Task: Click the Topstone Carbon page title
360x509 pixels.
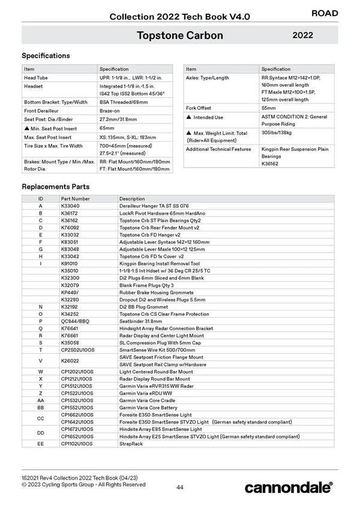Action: [180, 35]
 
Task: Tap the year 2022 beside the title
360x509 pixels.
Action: [303, 35]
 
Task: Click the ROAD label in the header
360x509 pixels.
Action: [325, 13]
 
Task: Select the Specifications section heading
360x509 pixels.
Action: [46, 56]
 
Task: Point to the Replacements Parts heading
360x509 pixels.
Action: [56, 186]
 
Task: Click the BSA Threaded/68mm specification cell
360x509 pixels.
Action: [124, 103]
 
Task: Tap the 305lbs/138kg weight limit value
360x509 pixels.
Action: [277, 132]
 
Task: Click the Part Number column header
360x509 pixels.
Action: [76, 198]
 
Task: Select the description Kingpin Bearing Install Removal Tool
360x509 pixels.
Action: [160, 263]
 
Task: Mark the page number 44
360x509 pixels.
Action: [180, 487]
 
